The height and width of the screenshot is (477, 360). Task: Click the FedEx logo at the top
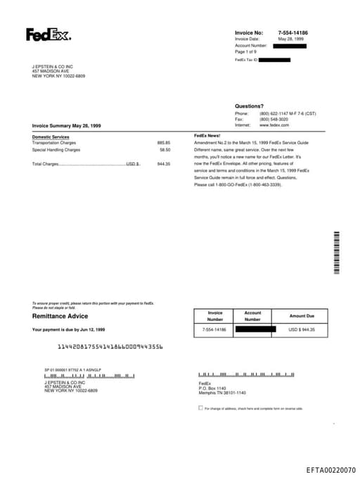coord(48,34)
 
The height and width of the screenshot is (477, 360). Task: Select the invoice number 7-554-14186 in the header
coord(292,32)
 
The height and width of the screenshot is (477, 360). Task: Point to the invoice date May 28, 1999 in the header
coord(290,39)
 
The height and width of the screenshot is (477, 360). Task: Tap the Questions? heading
coord(249,106)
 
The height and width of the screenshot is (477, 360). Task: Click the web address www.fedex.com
coord(274,125)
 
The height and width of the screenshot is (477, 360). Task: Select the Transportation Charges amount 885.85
coord(163,142)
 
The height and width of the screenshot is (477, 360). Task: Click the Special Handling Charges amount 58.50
coord(165,149)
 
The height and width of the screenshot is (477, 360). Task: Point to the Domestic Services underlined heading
coord(51,136)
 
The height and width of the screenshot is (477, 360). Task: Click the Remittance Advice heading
coord(59,317)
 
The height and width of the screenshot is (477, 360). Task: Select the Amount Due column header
coord(302,316)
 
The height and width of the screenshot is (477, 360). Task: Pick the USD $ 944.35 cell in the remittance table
coord(302,329)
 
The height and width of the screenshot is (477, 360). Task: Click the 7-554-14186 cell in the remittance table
coord(214,329)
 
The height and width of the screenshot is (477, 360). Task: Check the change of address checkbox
coord(200,407)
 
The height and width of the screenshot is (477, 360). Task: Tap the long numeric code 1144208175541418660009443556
coord(110,346)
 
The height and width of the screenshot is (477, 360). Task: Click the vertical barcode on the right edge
coord(337,252)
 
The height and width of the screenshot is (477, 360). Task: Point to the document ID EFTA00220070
coord(330,469)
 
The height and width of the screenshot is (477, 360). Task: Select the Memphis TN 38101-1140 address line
coord(222,393)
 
